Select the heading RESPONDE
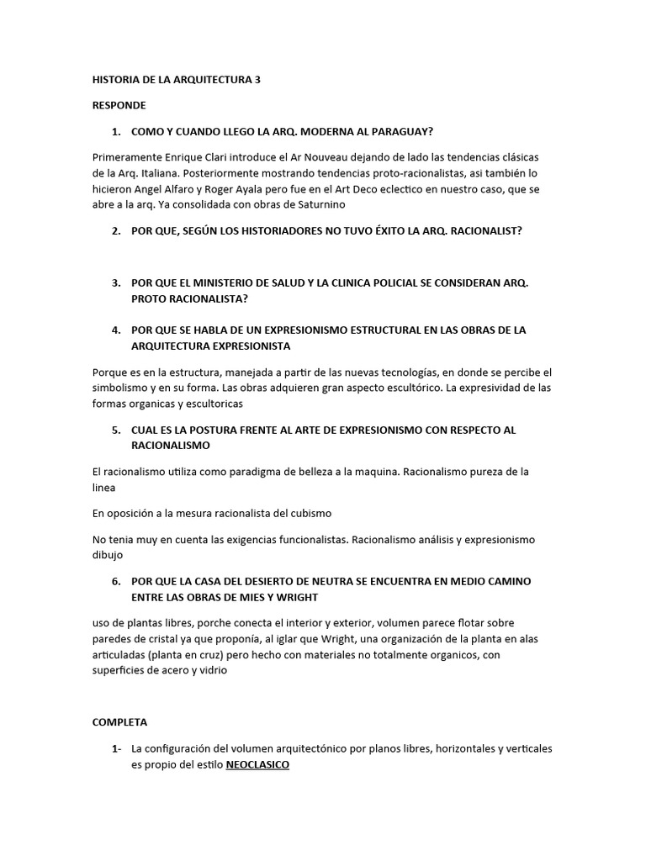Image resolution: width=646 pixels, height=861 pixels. click(119, 105)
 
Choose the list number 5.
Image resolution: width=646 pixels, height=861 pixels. click(116, 430)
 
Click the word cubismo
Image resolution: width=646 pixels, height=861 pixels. click(310, 513)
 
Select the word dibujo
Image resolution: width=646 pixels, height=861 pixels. click(108, 555)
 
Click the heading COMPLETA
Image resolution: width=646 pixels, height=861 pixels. click(119, 721)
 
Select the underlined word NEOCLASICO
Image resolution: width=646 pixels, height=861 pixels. click(257, 764)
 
